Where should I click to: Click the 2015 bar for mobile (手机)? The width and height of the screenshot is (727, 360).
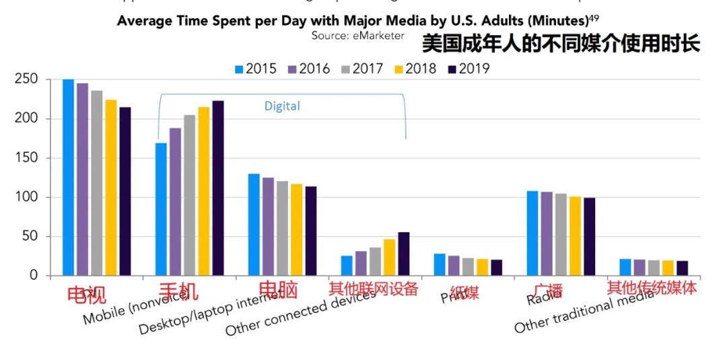coord(161,209)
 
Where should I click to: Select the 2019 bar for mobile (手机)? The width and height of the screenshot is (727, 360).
coord(217,188)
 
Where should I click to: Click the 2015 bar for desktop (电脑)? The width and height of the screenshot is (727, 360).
coord(254,225)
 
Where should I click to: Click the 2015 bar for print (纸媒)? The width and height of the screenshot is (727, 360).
coord(440,264)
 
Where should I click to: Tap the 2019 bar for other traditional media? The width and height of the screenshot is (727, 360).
coord(682,268)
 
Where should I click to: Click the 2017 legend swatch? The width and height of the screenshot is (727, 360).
coord(347,69)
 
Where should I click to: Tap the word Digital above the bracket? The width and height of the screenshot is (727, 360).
coord(282,106)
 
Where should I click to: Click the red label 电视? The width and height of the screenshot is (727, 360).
coord(86,294)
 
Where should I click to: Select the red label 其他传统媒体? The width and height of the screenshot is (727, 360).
coord(652,288)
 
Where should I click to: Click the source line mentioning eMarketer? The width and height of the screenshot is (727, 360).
coord(358,35)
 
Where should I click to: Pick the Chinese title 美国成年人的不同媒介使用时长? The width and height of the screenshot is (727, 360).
coord(561,44)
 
